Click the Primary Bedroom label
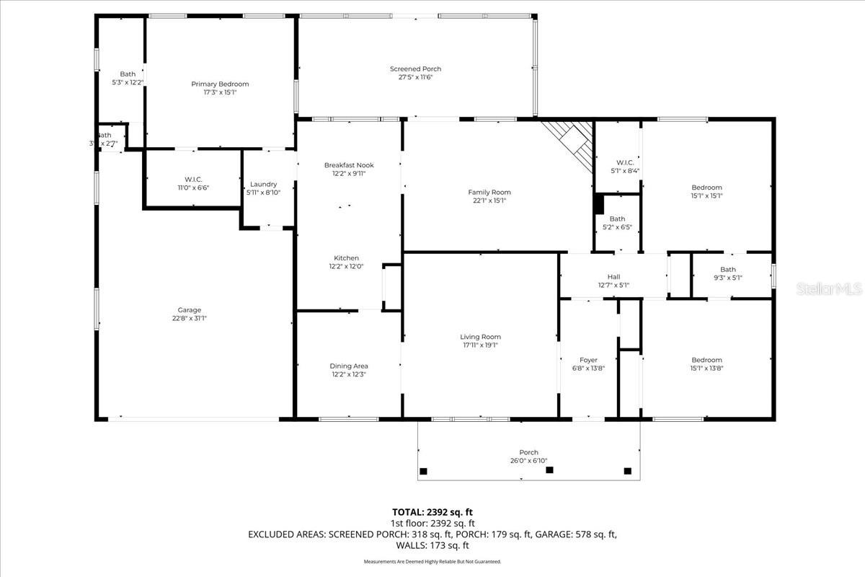pos(220,84)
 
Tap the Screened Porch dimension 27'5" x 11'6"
pos(415,78)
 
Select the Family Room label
pos(489,192)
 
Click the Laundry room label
pos(263,184)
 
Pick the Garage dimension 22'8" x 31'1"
pos(190,318)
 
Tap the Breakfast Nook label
pos(349,165)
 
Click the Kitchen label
pos(346,257)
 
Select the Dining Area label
pos(349,366)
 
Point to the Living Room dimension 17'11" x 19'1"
pos(480,345)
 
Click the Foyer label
pos(588,360)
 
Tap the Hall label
pos(613,276)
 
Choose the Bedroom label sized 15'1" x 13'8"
pos(706,360)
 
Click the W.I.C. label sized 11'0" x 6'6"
pos(192,179)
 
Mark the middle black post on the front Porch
pos(550,470)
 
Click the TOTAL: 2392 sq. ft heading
pos(432,511)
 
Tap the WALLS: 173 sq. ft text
pos(432,545)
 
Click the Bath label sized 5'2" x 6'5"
pos(617,219)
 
